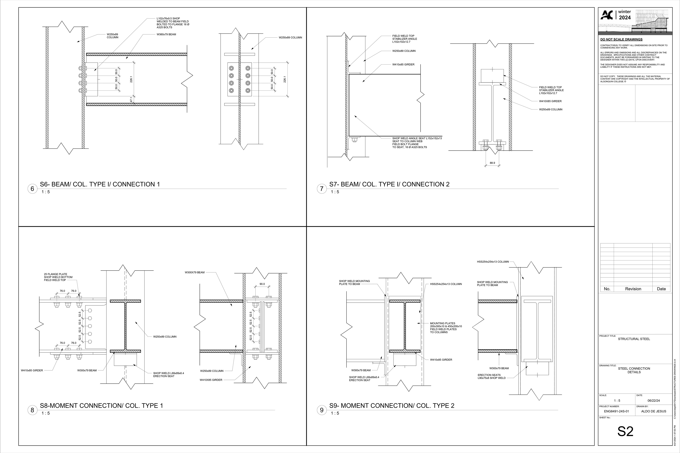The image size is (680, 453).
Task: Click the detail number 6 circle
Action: (x=32, y=189)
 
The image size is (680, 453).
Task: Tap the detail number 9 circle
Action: (x=322, y=410)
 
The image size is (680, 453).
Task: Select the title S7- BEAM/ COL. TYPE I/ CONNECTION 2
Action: (x=389, y=184)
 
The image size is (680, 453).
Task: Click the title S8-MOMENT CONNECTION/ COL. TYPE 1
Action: (x=101, y=406)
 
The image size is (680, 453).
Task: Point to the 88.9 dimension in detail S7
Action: (x=492, y=163)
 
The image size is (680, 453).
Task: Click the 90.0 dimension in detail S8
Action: (x=262, y=284)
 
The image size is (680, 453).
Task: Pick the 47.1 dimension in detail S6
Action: (x=131, y=100)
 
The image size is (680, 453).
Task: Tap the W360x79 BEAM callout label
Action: (x=166, y=34)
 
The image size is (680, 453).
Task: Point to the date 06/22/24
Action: (x=653, y=401)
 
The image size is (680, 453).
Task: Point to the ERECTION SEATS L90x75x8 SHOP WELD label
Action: (x=492, y=376)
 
